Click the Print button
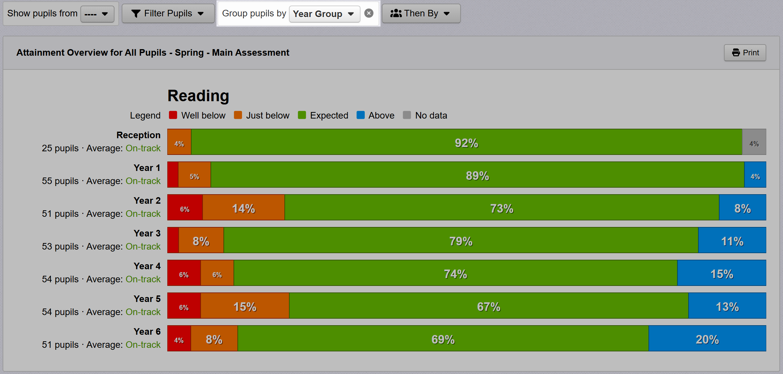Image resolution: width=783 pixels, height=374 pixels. coord(745,53)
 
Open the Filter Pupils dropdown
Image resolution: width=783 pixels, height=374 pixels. coord(168,13)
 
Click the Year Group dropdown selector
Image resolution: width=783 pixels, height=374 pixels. coord(324,14)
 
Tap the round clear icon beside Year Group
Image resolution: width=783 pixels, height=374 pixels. coord(369,13)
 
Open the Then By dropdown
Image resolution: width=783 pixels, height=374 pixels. coord(421,13)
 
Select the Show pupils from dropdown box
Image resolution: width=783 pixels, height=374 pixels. coord(97,14)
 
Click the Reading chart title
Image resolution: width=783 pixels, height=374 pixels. coord(198,96)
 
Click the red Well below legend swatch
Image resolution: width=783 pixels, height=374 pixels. coord(173,115)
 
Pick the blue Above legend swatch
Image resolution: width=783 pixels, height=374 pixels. coord(361,115)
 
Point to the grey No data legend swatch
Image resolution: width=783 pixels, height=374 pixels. coord(407,115)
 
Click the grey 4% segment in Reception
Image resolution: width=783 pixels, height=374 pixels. coord(754,142)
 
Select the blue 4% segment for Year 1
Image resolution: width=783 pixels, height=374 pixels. coord(755,175)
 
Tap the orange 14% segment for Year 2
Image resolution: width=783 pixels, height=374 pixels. coord(243,207)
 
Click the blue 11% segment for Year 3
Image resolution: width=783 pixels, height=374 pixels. coord(732,240)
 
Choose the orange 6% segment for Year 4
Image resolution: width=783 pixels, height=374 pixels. coord(217,273)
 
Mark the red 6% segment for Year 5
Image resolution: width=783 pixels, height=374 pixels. coord(184,306)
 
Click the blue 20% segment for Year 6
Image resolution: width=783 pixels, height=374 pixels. coord(707,338)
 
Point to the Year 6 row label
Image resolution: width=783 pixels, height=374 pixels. coord(147,331)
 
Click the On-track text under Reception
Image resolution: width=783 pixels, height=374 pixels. coord(143,148)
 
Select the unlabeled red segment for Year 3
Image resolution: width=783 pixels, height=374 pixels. coord(173,240)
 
